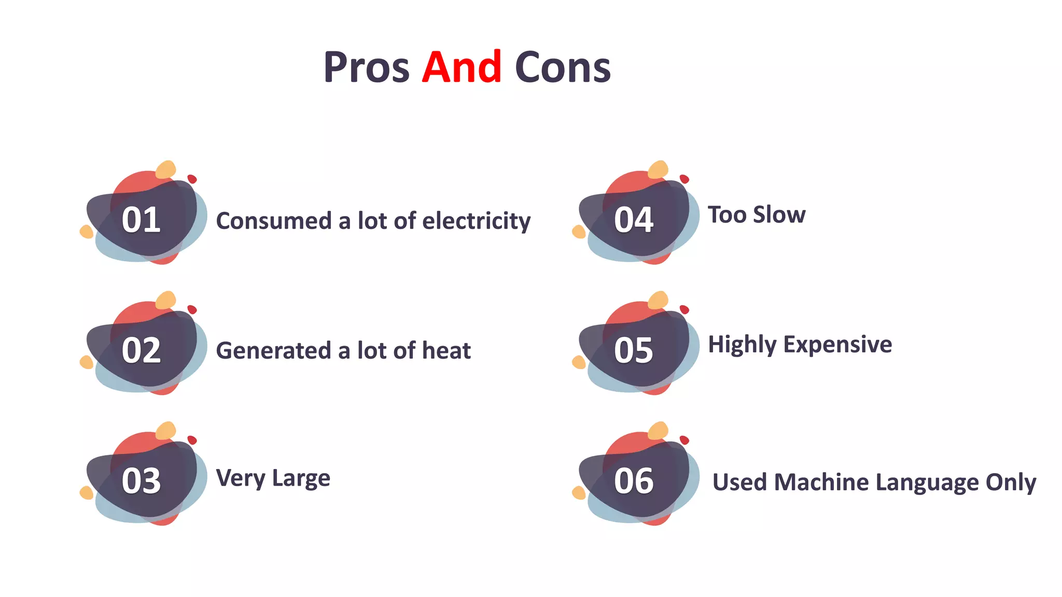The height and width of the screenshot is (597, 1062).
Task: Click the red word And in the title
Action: coord(462,67)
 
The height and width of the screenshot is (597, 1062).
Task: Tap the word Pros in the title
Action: coord(366,67)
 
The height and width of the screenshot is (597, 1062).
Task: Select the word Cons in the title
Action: coord(563,67)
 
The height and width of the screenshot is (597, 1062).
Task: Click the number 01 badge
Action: coord(141,220)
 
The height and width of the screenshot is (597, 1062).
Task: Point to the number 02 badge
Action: coord(141,350)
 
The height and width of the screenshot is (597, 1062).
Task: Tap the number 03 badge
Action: coord(141,481)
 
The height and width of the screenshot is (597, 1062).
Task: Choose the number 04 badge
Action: coord(634,220)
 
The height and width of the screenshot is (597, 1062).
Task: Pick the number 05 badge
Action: coord(634,350)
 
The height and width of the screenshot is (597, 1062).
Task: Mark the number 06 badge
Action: coord(634,481)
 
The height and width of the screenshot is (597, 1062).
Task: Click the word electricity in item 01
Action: coord(477,221)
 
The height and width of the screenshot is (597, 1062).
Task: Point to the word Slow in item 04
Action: coord(779,215)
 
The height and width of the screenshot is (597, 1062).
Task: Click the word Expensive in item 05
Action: coord(837,345)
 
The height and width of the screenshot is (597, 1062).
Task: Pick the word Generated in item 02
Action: coord(273,351)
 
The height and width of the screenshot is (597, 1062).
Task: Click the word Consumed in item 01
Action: coord(273,221)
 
